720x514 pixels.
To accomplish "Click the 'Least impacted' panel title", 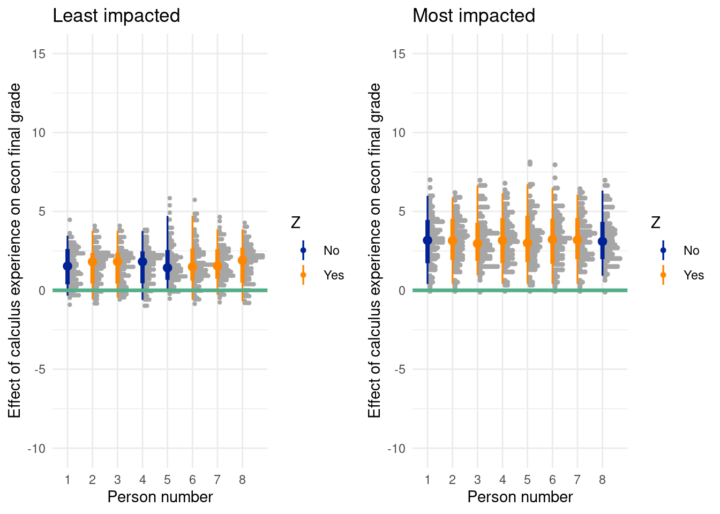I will (x=116, y=16).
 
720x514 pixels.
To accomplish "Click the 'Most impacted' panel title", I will (x=474, y=16).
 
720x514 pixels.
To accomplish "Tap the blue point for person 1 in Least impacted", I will (x=67, y=266).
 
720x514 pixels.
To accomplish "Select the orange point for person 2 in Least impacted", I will (x=93, y=262).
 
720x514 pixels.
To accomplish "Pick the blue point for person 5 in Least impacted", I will (x=168, y=268).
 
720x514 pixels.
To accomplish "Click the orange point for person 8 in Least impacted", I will (x=243, y=260).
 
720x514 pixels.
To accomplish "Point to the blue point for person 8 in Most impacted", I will (x=603, y=241).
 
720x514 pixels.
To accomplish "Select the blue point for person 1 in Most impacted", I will (x=427, y=240).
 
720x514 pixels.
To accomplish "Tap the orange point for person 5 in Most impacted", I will (x=528, y=243).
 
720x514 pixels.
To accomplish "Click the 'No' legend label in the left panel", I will (x=332, y=251).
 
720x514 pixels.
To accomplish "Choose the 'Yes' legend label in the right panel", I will (x=694, y=275).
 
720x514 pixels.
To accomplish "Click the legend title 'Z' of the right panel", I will (x=656, y=223).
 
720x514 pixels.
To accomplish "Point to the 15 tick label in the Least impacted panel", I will (x=39, y=54).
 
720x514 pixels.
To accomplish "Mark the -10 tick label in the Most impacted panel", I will (x=396, y=449).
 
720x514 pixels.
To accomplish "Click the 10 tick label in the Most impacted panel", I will (x=399, y=133).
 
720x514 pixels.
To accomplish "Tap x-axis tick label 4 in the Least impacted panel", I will (x=142, y=480).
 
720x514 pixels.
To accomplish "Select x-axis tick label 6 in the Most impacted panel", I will (x=552, y=480).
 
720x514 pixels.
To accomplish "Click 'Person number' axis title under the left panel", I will (x=160, y=497).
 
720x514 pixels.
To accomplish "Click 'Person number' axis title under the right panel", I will (x=520, y=497).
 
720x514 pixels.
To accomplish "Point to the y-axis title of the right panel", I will (x=374, y=251).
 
